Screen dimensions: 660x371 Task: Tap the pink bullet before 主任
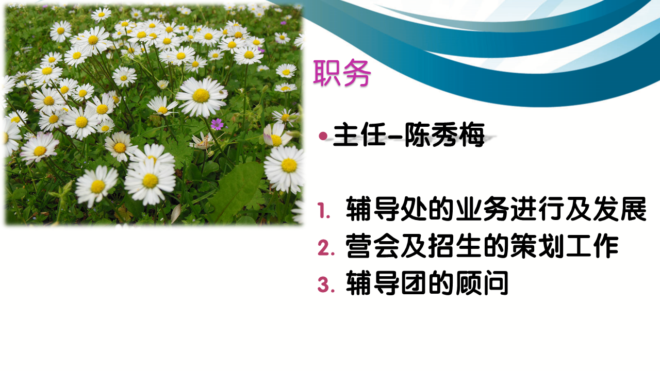(323, 136)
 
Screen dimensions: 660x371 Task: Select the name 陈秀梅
(444, 135)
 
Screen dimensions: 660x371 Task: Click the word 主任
(359, 135)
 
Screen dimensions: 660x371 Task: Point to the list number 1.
(324, 211)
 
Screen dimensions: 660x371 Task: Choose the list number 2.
(326, 247)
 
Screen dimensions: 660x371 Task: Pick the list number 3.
(326, 285)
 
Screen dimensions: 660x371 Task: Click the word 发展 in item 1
(620, 209)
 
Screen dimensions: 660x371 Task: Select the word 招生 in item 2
(455, 246)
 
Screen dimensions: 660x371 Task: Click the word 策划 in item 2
(537, 246)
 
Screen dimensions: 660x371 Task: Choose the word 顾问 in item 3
(482, 283)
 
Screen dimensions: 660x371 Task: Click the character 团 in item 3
(414, 283)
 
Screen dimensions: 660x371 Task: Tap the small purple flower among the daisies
(217, 124)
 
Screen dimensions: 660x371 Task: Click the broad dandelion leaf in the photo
(236, 191)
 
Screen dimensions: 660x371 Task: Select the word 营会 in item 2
(372, 246)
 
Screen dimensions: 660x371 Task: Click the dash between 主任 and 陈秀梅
(395, 136)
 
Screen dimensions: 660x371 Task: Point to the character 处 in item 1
(414, 209)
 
